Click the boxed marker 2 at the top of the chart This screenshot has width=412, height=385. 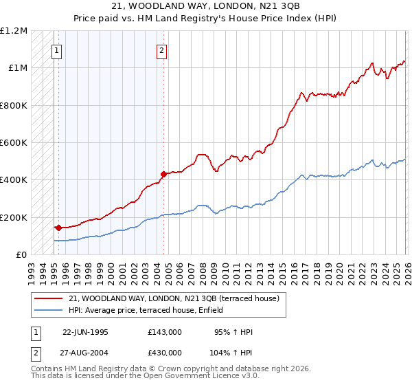point(161,49)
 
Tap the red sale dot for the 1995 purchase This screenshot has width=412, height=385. point(58,228)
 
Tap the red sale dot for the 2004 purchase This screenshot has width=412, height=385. point(163,175)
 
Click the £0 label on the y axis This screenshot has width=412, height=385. point(22,254)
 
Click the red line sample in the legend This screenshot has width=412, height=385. point(49,299)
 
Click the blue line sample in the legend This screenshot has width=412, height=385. point(49,311)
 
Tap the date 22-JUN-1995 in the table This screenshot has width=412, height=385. point(85,332)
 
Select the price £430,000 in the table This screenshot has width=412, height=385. point(164,352)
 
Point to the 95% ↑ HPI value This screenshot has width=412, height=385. point(233,332)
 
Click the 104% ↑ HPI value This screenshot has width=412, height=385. point(231,352)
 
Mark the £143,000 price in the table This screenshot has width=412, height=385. point(164,332)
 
